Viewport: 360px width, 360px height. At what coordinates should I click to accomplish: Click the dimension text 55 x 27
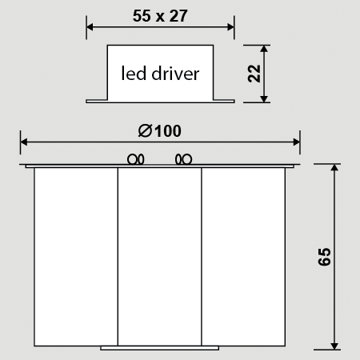tap(160, 16)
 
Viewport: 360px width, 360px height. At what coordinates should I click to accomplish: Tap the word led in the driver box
tap(134, 73)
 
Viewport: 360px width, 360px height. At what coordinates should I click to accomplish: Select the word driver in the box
tap(175, 73)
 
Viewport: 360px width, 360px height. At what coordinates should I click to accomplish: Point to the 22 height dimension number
tap(254, 74)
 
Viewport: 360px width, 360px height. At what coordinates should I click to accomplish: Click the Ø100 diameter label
tap(160, 130)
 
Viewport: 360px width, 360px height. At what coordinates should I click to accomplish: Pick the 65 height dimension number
tap(324, 257)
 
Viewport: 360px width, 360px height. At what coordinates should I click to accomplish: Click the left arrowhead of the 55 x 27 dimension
tap(90, 27)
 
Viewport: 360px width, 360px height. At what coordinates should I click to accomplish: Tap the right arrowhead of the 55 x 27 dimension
tap(230, 27)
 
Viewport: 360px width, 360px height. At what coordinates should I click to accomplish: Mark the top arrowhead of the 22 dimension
tap(264, 49)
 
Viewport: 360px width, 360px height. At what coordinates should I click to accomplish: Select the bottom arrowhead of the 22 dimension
tap(264, 98)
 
